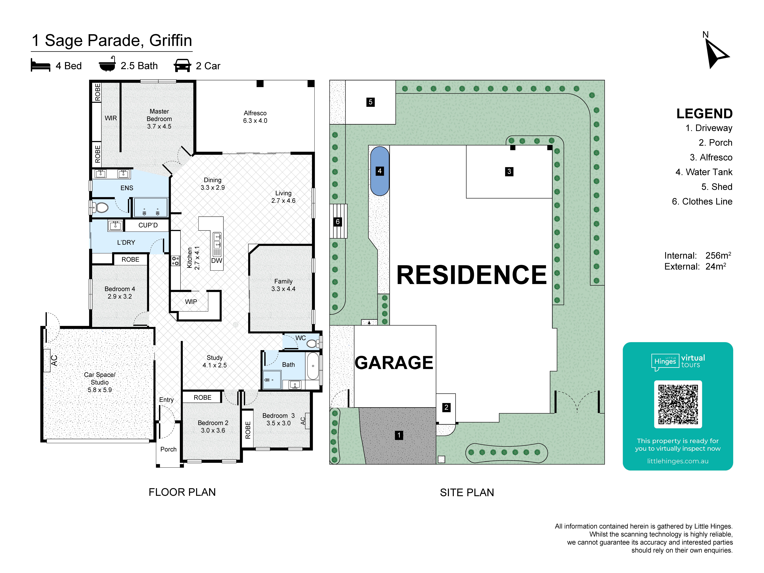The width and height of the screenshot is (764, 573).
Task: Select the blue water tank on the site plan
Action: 380,171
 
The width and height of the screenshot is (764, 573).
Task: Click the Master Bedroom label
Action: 159,115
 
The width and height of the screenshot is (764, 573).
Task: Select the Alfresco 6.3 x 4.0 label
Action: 255,117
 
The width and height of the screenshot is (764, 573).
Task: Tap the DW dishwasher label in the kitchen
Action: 217,260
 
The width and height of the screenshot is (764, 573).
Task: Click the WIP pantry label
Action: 191,302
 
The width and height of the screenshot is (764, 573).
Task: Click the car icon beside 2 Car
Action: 182,65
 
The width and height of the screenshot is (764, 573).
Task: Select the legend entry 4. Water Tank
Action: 704,172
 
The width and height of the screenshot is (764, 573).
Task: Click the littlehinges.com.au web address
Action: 678,461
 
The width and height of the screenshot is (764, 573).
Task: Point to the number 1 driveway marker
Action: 399,435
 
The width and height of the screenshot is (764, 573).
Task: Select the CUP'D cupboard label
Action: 148,225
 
